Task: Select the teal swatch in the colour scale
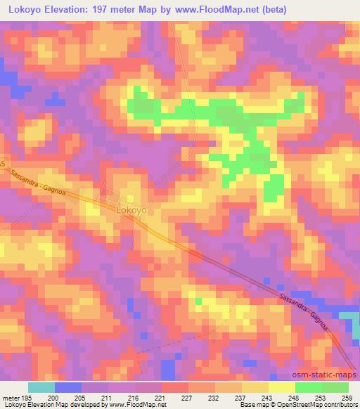41,387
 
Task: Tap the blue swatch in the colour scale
68,387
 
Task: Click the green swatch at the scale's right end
335,387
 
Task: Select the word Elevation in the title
86,9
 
